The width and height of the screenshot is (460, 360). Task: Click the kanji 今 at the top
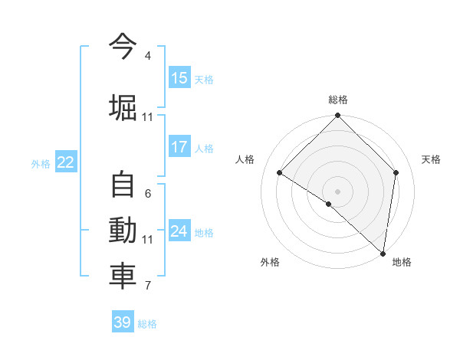(x=123, y=45)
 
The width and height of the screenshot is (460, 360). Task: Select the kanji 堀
(x=123, y=106)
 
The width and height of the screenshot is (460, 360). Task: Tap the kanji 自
(x=123, y=185)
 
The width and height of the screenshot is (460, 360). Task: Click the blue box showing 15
(x=179, y=77)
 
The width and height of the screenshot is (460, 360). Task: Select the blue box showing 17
(x=179, y=146)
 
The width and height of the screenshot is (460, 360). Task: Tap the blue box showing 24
(x=179, y=231)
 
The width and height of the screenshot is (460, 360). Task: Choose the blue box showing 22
(x=65, y=162)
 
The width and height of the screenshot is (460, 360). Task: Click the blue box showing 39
(x=122, y=322)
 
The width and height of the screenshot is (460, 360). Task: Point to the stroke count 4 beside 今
(x=148, y=56)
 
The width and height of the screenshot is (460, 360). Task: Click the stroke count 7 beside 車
(x=148, y=286)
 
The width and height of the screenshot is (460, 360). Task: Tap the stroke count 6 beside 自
(x=148, y=194)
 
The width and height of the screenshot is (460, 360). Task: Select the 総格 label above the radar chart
(x=337, y=100)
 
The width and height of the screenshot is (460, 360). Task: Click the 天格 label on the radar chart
(x=431, y=159)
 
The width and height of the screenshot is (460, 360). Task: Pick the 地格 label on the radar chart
(x=402, y=262)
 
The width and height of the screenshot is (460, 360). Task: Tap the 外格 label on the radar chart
(x=270, y=262)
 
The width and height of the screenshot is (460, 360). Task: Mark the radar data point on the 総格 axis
(x=337, y=116)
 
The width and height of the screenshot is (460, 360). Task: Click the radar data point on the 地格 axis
(x=383, y=253)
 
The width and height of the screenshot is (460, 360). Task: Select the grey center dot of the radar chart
(x=337, y=191)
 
